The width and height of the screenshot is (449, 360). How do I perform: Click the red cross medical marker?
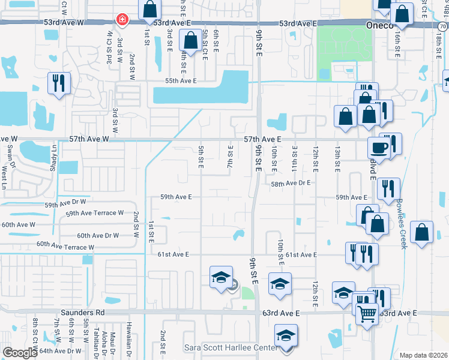tap(122, 19)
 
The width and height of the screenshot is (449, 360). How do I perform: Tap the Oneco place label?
tap(379, 25)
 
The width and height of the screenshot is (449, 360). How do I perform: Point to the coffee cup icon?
tap(379, 147)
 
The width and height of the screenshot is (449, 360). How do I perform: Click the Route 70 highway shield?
tap(442, 26)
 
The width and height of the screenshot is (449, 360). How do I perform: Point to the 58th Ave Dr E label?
tap(290, 184)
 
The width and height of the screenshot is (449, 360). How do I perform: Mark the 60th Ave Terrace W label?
tap(65, 245)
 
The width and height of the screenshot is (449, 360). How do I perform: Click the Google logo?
tap(19, 353)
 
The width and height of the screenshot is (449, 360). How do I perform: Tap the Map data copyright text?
tap(423, 355)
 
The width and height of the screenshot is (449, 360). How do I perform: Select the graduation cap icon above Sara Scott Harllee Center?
tap(286, 334)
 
